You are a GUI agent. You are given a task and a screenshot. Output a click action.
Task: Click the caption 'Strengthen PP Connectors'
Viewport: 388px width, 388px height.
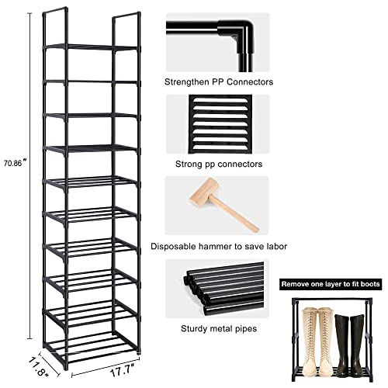tap(218, 81)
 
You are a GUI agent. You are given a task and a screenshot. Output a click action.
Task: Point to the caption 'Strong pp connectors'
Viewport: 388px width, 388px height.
tap(218, 164)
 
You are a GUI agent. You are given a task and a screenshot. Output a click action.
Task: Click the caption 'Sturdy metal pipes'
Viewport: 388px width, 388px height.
tap(218, 329)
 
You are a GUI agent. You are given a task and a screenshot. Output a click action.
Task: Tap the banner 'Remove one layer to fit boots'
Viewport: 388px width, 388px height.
tap(332, 285)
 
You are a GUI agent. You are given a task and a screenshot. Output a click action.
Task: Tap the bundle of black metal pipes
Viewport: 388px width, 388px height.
tap(217, 289)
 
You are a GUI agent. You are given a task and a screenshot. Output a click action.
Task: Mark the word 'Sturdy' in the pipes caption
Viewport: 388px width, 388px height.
tap(190, 329)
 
